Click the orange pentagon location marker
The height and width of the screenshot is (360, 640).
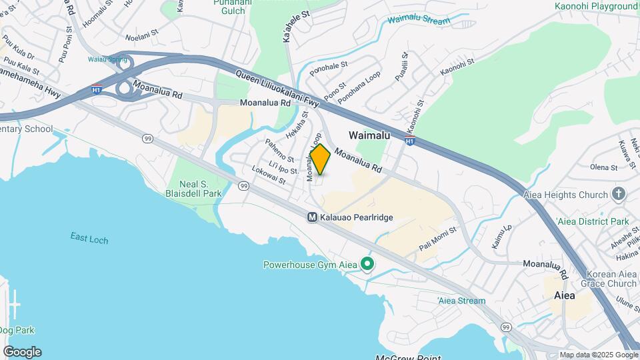[320, 160]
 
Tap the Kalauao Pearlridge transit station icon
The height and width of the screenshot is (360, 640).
[312, 217]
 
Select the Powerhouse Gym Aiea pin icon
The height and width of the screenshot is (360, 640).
[367, 265]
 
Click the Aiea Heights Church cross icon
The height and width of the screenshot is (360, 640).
[619, 195]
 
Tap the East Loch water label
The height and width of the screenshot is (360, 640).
[89, 238]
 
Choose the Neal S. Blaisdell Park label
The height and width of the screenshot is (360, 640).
[193, 189]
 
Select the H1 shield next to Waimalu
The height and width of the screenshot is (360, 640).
[410, 140]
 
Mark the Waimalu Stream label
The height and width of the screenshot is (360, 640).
[419, 21]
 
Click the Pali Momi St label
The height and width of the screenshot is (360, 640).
[437, 239]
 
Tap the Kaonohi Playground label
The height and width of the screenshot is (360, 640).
[596, 7]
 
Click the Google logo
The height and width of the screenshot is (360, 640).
[22, 351]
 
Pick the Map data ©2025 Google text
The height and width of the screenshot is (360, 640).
[598, 355]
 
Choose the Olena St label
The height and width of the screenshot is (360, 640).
[603, 167]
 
